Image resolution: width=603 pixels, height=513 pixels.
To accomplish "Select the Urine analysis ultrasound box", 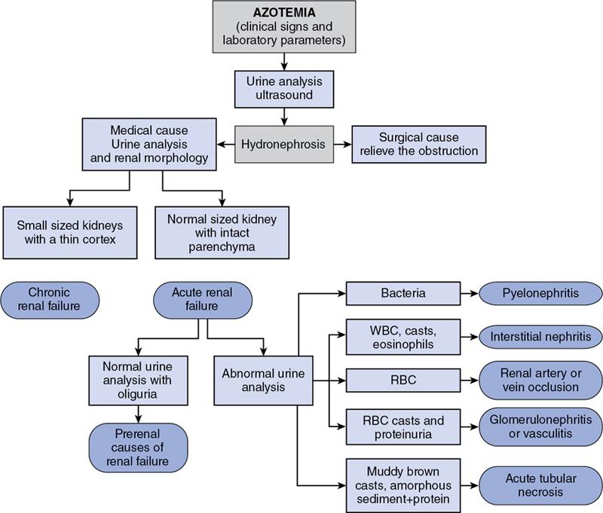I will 284,89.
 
